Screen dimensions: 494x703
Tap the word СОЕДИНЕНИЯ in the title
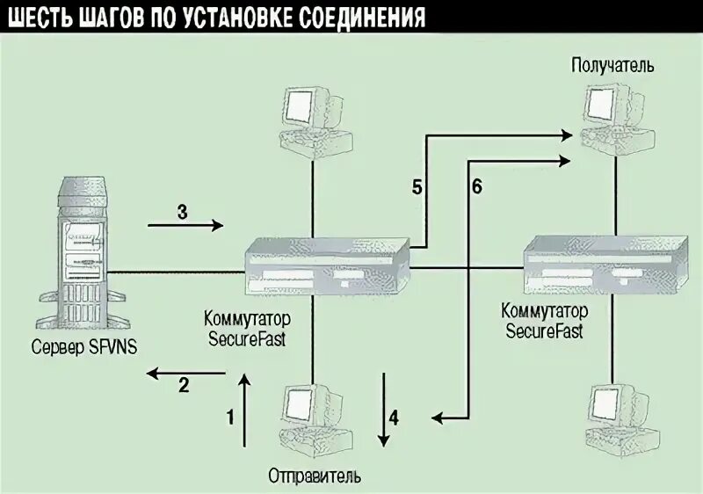tap(359, 18)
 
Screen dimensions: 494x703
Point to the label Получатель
tap(612, 65)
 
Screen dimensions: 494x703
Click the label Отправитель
tap(314, 476)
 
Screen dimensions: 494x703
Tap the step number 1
tap(230, 417)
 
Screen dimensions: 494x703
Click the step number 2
tap(184, 384)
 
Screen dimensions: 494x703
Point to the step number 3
tap(182, 211)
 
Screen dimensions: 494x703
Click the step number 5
tap(417, 186)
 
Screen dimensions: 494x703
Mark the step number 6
tap(476, 186)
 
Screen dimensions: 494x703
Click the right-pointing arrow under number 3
tap(185, 226)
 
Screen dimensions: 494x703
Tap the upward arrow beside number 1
tap(245, 409)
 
